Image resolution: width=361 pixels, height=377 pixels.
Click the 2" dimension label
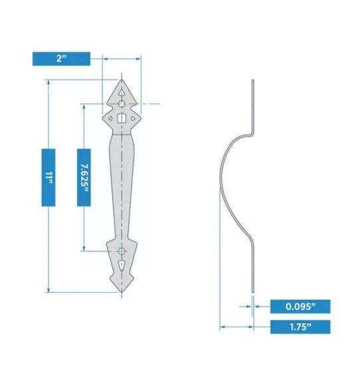(x=61, y=59)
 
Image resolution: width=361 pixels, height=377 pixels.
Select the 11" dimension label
(x=48, y=177)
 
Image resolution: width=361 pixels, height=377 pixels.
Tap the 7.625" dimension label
(x=84, y=176)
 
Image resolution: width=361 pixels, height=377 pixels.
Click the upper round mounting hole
(x=122, y=104)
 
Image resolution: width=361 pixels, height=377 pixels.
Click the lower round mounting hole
(x=122, y=251)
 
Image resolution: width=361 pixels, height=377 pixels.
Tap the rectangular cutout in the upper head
(x=122, y=119)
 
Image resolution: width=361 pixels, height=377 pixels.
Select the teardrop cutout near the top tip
(x=122, y=91)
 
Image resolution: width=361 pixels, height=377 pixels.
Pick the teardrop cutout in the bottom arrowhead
(x=122, y=267)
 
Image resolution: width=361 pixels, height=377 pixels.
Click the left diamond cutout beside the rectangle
(x=110, y=119)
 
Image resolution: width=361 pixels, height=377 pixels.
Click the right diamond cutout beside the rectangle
(x=134, y=119)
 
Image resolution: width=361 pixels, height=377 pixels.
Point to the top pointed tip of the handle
(x=122, y=79)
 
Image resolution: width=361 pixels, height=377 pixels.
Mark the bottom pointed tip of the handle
(x=122, y=291)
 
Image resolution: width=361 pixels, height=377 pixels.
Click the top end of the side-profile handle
(x=253, y=81)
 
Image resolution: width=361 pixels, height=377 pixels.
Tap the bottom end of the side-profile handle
(x=253, y=290)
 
